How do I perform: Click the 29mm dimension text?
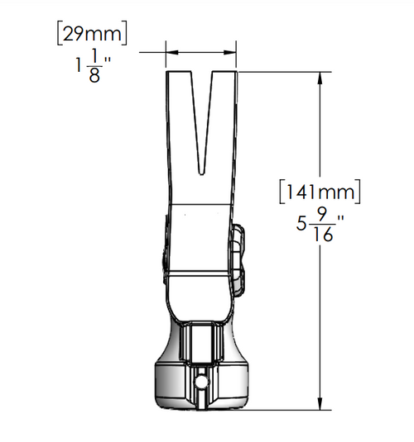(x=92, y=34)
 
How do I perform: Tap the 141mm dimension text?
(x=320, y=192)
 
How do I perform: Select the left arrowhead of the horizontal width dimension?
(x=171, y=51)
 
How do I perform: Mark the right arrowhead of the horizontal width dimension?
(x=232, y=51)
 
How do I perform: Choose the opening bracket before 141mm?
(x=283, y=192)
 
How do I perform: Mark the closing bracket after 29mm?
(x=126, y=34)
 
